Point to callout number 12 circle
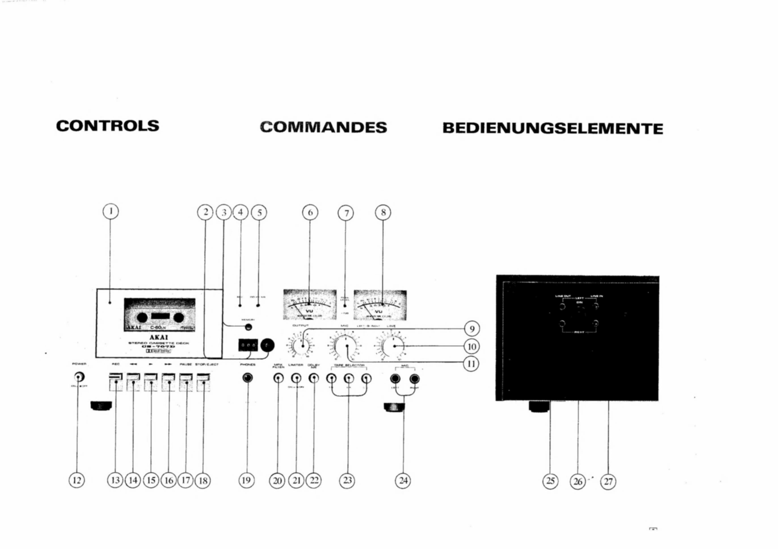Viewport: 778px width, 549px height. pyautogui.click(x=77, y=480)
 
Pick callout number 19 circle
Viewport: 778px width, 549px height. pyautogui.click(x=246, y=480)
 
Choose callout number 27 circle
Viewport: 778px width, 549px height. pyautogui.click(x=608, y=481)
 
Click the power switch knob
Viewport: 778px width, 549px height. pyautogui.click(x=79, y=377)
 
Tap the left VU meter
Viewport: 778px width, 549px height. pyautogui.click(x=310, y=304)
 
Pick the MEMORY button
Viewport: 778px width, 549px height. pyautogui.click(x=248, y=327)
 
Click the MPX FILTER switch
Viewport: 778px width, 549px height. pyautogui.click(x=278, y=378)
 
